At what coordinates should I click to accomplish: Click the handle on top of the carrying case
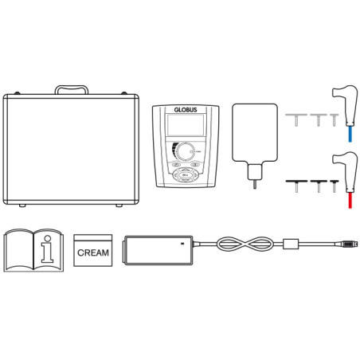point(72,87)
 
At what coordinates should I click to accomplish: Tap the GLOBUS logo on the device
point(186,110)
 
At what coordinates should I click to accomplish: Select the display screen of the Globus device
point(186,125)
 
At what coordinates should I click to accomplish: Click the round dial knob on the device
point(185,151)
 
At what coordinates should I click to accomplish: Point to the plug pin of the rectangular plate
point(255,184)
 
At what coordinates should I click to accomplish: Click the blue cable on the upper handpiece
point(350,134)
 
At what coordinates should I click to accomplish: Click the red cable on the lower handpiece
point(350,200)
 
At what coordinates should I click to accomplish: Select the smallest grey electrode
point(335,119)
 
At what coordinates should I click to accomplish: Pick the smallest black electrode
point(335,186)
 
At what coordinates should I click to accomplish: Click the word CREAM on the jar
point(93,252)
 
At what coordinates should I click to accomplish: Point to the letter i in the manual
point(48,249)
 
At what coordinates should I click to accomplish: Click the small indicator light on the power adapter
point(182,243)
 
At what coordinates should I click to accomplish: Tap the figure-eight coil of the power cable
point(245,244)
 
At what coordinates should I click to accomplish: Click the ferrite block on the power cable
point(291,244)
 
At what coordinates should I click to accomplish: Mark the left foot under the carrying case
point(22,205)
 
